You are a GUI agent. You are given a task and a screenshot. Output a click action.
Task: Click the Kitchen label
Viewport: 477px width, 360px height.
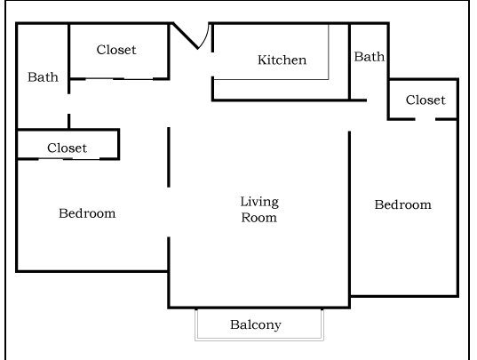[x=282, y=60]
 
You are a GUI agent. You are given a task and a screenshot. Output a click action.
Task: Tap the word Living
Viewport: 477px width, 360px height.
[x=259, y=202]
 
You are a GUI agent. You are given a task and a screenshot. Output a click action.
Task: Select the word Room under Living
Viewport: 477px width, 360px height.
[x=259, y=217]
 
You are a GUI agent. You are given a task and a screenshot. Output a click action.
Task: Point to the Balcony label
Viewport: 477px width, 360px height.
[x=256, y=324]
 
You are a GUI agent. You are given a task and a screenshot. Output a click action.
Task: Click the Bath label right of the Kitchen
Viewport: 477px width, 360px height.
[x=370, y=57]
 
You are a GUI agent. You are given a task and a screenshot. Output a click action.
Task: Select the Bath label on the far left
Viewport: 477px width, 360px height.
[x=43, y=77]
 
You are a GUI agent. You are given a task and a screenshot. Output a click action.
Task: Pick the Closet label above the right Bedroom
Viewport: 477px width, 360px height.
[x=425, y=100]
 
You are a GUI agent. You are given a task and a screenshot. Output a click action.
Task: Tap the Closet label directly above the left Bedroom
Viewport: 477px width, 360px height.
[x=68, y=148]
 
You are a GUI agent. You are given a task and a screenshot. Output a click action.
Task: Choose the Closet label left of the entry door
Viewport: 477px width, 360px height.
[x=116, y=50]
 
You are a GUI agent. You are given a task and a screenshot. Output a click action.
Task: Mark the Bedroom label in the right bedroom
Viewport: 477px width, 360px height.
[x=402, y=204]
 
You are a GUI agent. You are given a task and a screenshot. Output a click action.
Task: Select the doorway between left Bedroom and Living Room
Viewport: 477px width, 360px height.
[x=169, y=213]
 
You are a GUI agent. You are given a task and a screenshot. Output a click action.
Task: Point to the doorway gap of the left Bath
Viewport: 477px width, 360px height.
[x=68, y=104]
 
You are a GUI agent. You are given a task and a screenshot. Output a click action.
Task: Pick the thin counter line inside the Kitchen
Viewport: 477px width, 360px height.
[x=328, y=53]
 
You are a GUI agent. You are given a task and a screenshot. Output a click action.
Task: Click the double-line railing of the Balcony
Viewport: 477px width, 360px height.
[x=258, y=339]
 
